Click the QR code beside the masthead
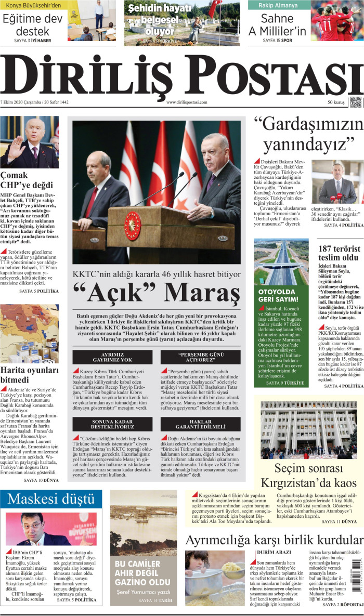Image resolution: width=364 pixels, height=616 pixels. tap(355, 102)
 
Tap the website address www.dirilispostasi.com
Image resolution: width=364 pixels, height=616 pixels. tap(187, 102)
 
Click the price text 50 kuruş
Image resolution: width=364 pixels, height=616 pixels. tap(336, 102)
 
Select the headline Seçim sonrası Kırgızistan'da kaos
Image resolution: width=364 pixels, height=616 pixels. tap(307, 475)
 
